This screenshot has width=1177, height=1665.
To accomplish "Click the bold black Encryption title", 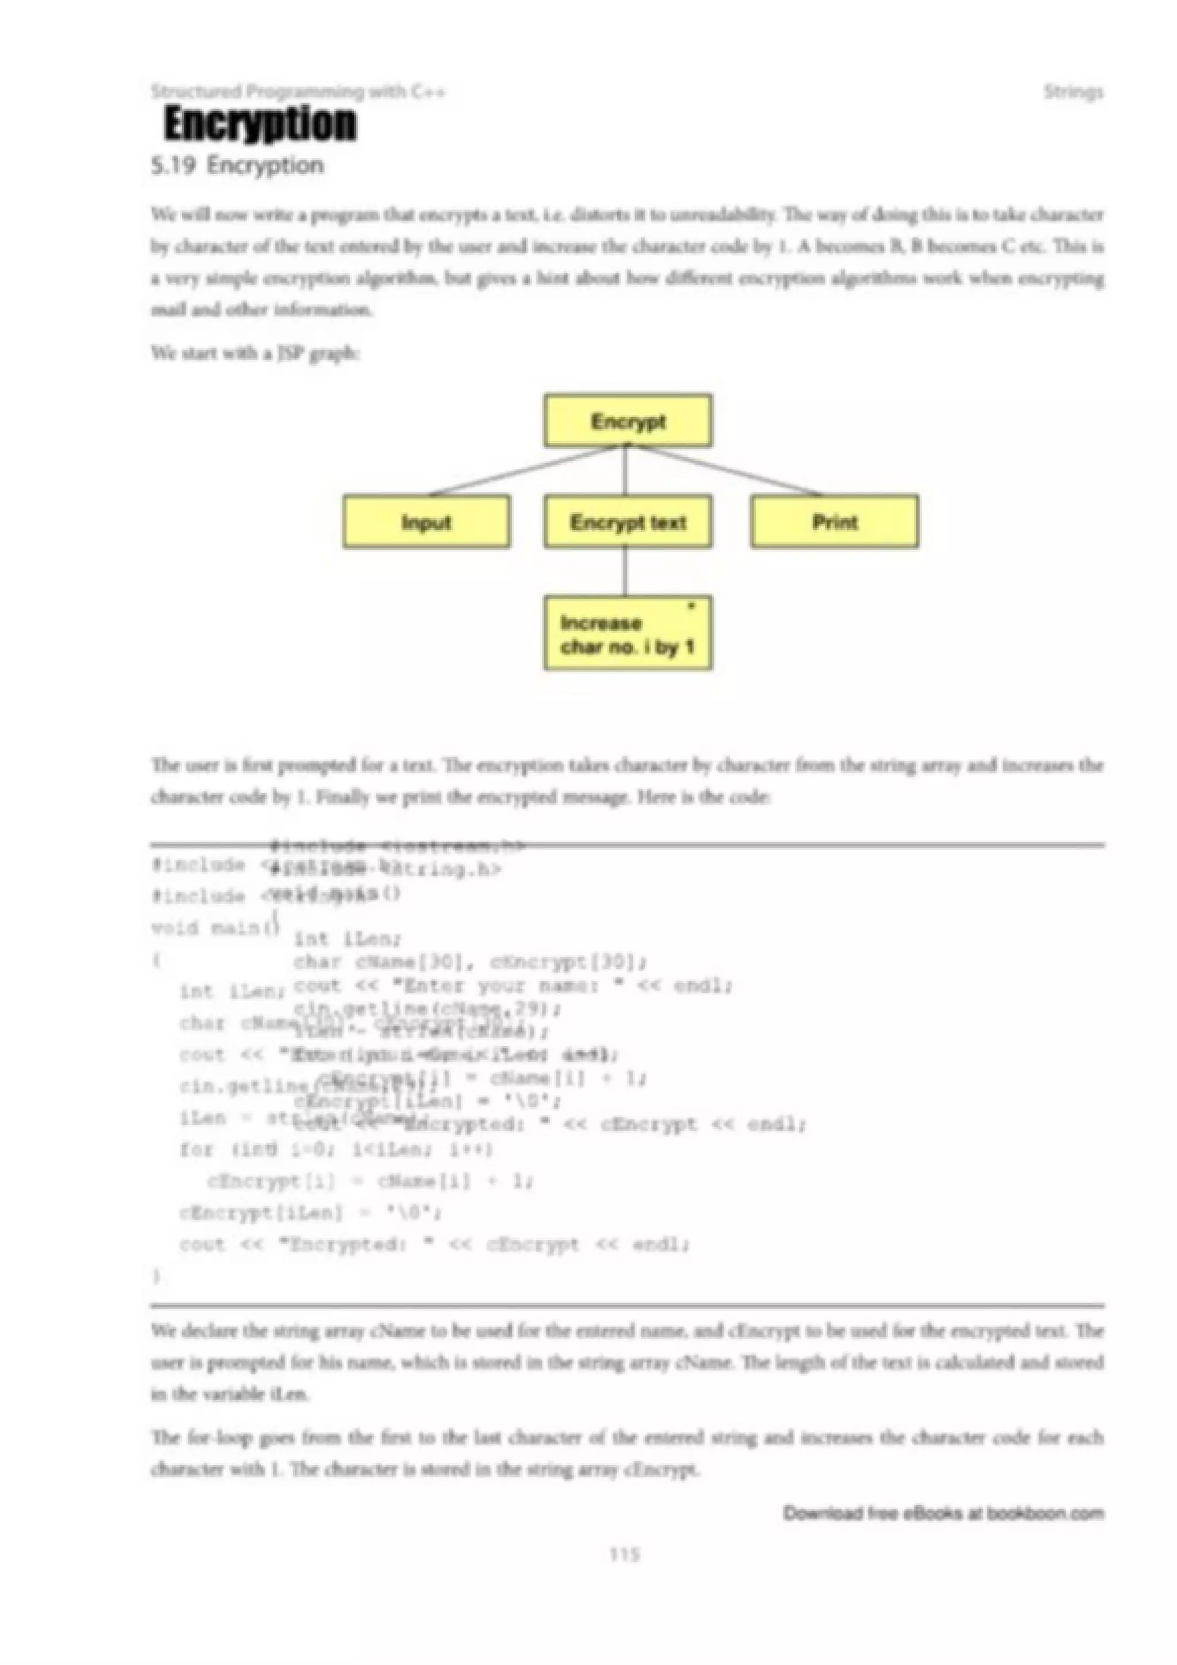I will coord(260,124).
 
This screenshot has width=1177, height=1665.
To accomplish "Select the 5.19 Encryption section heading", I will coord(237,165).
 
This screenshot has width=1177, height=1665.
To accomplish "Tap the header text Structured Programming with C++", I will coord(298,92).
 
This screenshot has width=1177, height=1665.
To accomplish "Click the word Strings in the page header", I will coord(1074,92).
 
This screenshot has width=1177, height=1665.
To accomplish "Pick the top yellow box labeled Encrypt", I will coord(628,421).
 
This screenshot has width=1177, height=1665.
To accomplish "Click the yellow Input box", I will coord(426,522).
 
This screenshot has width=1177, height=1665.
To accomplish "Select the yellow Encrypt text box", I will coord(628,522).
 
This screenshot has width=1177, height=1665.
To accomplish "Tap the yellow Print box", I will coord(834,522).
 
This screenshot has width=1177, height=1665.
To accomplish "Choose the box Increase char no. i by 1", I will coord(628,634).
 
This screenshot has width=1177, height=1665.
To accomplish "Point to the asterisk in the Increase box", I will coord(691,606).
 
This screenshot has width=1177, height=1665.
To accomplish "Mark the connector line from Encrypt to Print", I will coord(729,471).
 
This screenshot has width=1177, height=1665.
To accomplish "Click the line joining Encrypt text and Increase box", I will coord(625,572).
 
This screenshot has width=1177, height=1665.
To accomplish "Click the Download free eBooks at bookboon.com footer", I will coord(943,1513).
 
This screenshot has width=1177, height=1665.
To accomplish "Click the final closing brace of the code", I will coord(156,1275).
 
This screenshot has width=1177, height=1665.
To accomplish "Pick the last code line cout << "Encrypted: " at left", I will coord(435,1244).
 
